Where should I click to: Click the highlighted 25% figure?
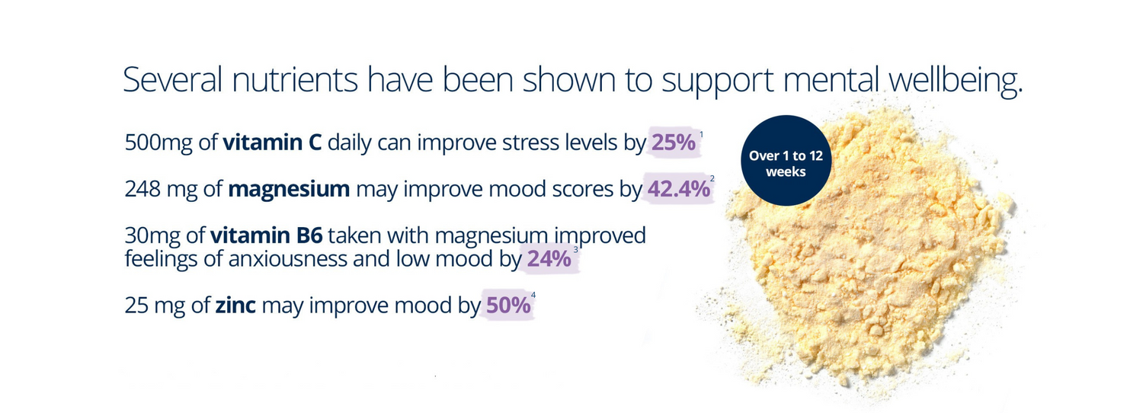pyautogui.click(x=674, y=142)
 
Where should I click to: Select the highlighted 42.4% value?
pyautogui.click(x=679, y=189)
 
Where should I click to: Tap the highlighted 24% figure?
pyautogui.click(x=549, y=259)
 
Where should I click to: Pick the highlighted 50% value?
pyautogui.click(x=508, y=306)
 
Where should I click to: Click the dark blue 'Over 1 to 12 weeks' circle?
pyautogui.click(x=786, y=160)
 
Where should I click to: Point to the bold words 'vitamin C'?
pyautogui.click(x=272, y=142)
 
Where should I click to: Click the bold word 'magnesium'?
pyautogui.click(x=289, y=190)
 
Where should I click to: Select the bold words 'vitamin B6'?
pyautogui.click(x=267, y=235)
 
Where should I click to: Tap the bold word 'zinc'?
pyautogui.click(x=235, y=306)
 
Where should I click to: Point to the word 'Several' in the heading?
pyautogui.click(x=173, y=80)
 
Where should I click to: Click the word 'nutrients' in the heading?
pyautogui.click(x=295, y=80)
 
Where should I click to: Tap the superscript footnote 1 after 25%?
pyautogui.click(x=701, y=134)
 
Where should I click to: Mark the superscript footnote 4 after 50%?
pyautogui.click(x=533, y=295)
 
